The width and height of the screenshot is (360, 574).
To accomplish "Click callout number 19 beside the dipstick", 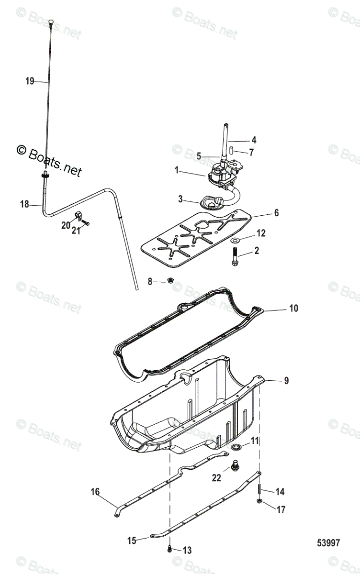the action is point(30,81).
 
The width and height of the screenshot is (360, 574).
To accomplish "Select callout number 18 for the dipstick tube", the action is point(24,204).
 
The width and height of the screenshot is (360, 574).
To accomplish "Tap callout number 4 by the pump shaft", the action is point(254,140).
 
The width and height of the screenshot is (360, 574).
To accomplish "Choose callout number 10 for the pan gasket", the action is point(293,309).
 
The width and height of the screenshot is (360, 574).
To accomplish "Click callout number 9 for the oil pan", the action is point(286,381).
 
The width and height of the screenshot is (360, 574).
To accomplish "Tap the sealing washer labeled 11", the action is point(236,447).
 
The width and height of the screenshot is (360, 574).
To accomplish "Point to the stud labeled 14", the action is point(259,488).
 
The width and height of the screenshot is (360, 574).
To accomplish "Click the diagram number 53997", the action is point(328,543).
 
